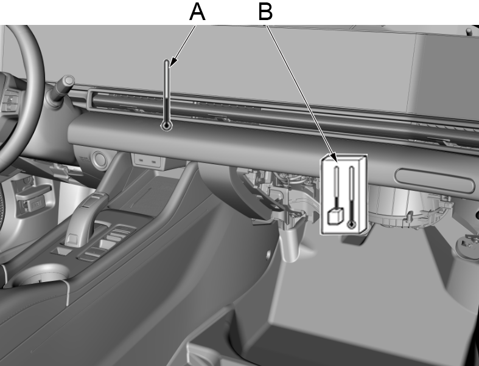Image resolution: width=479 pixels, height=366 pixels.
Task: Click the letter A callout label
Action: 197,12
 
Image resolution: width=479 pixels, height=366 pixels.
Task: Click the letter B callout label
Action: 265,12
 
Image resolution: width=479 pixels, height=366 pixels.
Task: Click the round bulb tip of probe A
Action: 167,125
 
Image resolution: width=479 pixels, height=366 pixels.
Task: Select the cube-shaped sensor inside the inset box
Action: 335,216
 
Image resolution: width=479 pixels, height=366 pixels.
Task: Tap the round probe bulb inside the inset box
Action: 352,225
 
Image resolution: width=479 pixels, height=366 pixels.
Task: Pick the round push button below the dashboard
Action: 99,159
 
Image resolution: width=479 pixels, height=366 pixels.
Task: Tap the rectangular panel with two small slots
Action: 147,161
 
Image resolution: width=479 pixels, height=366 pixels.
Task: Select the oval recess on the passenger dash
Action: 435,181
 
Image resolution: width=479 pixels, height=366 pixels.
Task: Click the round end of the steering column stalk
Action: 69,81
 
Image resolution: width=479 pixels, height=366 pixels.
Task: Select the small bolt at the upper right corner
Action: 469,31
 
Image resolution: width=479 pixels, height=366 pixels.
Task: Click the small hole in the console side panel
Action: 268,254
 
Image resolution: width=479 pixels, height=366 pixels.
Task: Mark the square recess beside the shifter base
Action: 63,251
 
